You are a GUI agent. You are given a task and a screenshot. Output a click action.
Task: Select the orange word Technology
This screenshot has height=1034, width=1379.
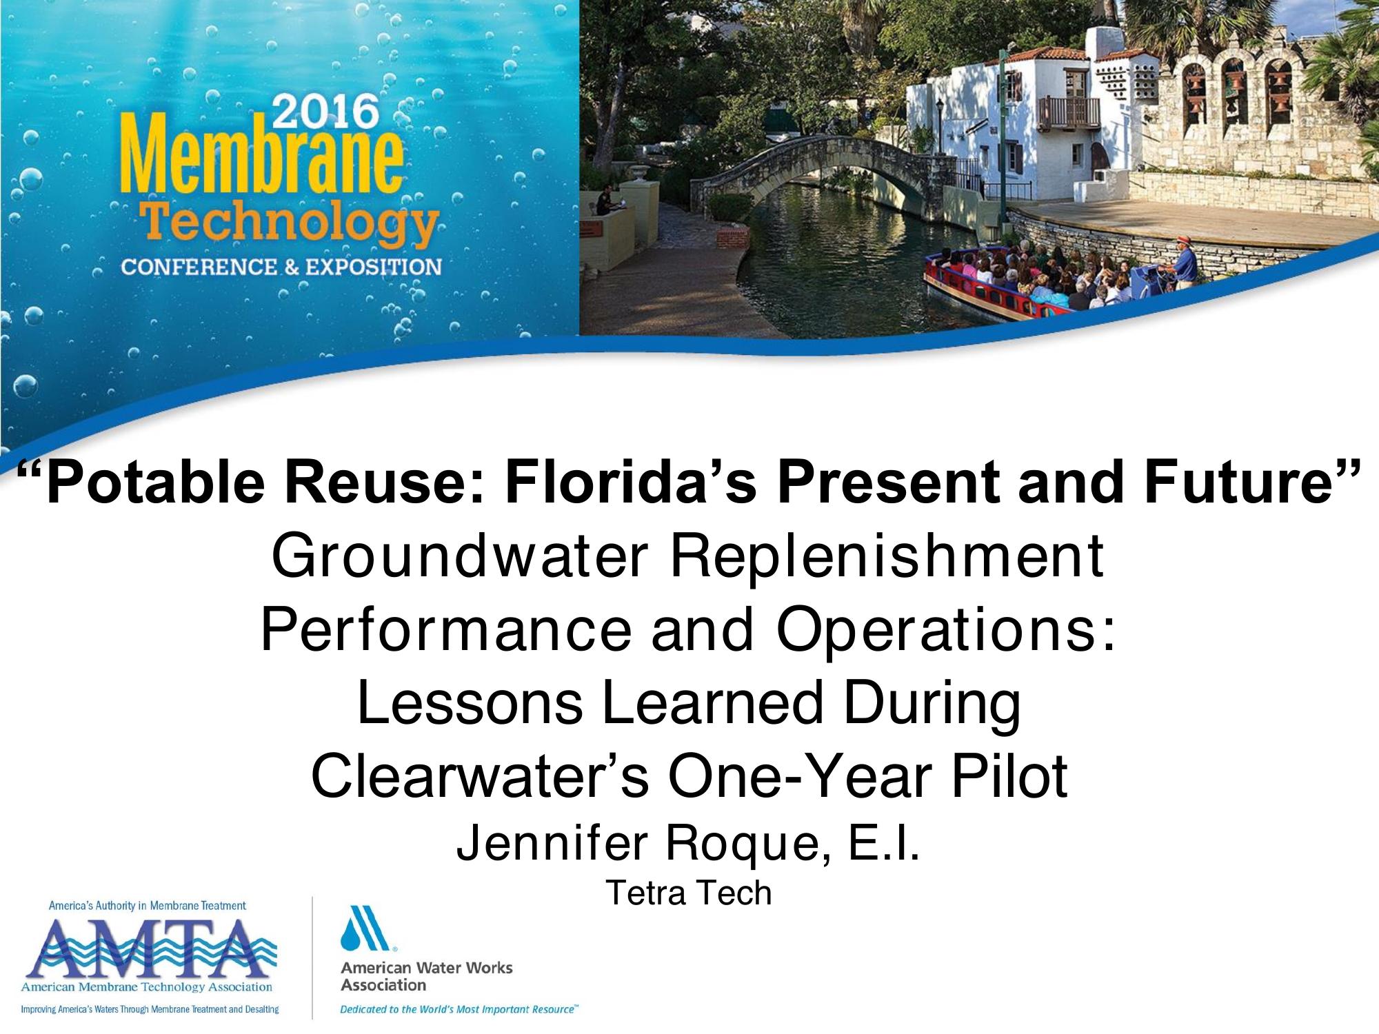coord(290,224)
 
